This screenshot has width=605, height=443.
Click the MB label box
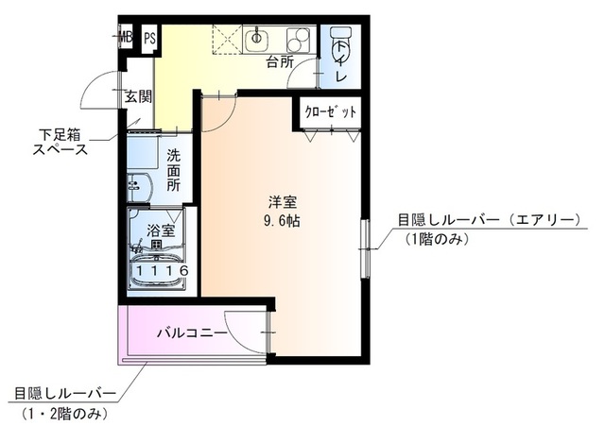(x=125, y=39)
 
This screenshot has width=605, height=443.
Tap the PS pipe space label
(x=148, y=39)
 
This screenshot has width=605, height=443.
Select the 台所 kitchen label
(x=279, y=63)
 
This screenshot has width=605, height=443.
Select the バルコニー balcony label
(x=192, y=333)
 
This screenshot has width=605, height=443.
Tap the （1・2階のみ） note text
(x=63, y=414)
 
